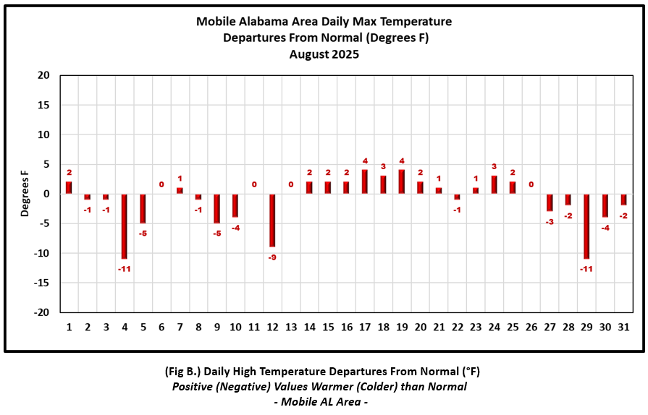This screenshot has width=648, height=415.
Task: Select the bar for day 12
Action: (272, 220)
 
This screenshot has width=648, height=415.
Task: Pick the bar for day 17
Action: (365, 181)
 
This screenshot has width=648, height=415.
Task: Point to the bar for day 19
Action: (402, 181)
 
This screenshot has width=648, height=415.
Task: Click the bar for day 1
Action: (69, 187)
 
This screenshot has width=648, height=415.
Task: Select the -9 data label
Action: (272, 257)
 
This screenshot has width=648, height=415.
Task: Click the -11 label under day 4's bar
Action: (125, 269)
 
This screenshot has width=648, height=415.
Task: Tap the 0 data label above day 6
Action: (161, 184)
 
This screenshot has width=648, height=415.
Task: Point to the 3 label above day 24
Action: (495, 166)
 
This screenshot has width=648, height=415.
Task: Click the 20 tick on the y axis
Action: (43, 75)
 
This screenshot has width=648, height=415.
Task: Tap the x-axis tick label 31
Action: (623, 327)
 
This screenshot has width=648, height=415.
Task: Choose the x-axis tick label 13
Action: (291, 327)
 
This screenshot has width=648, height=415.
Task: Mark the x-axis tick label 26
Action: (531, 327)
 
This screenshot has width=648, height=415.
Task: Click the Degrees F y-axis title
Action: (25, 194)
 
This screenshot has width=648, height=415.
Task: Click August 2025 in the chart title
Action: (324, 54)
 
